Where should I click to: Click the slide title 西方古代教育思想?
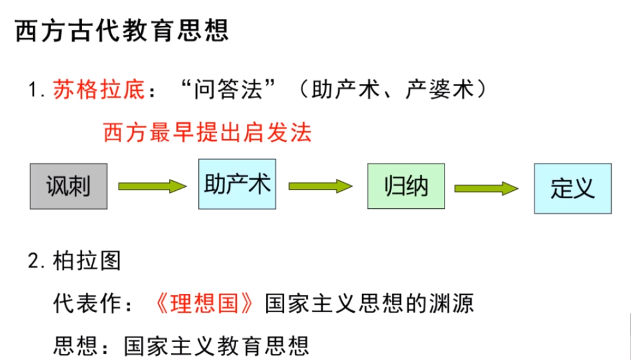pos(122,30)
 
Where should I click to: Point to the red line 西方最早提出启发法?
pos(207,132)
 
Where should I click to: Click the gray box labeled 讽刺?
pos(68,185)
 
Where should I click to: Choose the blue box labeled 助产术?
pos(237,184)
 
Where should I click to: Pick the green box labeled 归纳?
pos(406,185)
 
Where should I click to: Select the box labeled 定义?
pos(573,188)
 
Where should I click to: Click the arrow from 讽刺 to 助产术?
pos(152,185)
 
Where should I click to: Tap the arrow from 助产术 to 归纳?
pos(321,185)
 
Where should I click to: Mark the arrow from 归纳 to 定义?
pos(487,188)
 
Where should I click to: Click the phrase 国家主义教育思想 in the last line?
pos(216,344)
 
